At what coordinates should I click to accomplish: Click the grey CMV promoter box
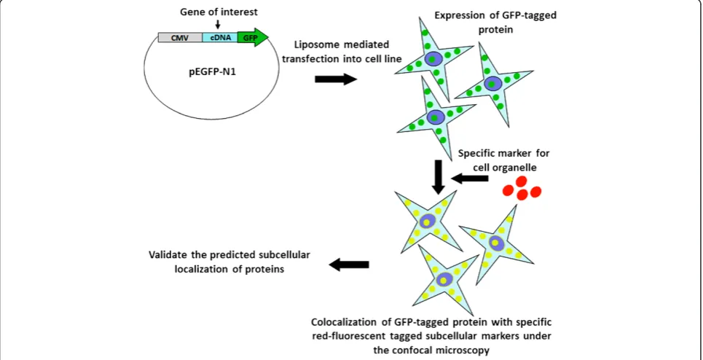(180, 38)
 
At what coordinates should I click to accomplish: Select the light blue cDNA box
(220, 38)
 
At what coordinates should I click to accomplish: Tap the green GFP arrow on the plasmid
(253, 38)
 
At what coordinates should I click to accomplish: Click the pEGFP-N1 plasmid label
(211, 71)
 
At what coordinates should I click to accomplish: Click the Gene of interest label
(219, 11)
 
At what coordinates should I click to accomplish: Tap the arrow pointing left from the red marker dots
(469, 179)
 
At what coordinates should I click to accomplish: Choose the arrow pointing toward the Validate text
(349, 265)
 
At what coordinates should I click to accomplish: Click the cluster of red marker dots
(522, 188)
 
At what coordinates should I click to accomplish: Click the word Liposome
(313, 45)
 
